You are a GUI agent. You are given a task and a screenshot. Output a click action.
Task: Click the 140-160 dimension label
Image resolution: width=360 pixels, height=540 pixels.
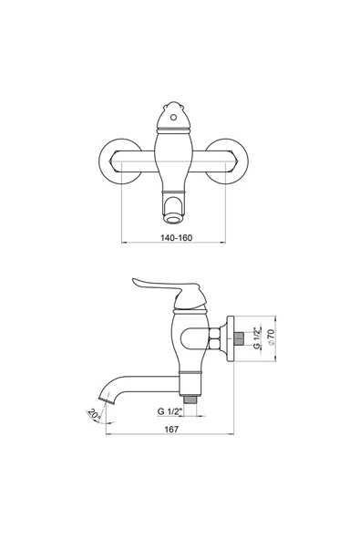click(176, 238)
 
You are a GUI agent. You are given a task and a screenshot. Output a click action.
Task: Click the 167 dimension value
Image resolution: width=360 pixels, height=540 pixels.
click(171, 429)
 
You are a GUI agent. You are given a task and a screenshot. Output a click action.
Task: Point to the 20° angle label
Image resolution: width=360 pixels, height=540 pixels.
click(94, 412)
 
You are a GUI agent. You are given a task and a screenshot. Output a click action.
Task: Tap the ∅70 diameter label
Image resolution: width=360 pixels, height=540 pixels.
click(271, 337)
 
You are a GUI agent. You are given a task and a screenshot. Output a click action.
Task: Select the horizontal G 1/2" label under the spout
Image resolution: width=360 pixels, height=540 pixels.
click(169, 411)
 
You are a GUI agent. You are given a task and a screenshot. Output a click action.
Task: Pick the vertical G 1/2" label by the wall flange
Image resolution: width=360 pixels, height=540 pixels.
click(256, 338)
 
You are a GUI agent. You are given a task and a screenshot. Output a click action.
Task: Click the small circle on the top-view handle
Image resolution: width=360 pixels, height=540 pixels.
click(173, 118)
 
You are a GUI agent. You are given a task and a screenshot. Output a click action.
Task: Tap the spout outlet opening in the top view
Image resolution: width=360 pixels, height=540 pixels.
click(173, 219)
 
